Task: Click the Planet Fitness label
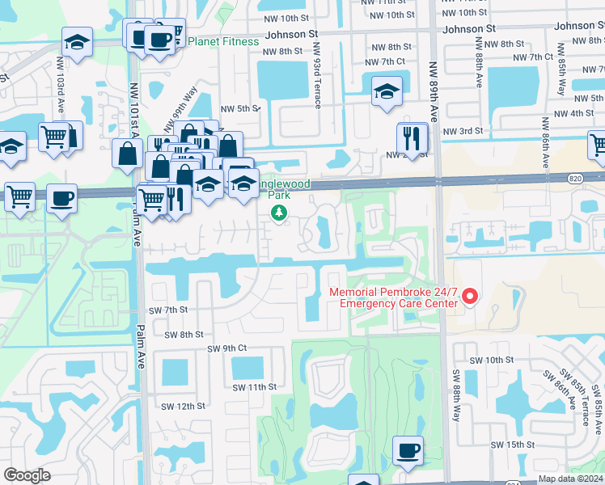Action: click(223, 41)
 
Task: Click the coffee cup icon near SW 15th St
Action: click(408, 449)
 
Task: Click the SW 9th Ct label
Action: click(226, 348)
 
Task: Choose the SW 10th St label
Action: click(492, 359)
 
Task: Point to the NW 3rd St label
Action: click(463, 130)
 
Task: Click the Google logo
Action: click(27, 475)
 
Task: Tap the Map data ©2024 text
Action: click(569, 479)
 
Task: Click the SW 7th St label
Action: click(168, 310)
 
